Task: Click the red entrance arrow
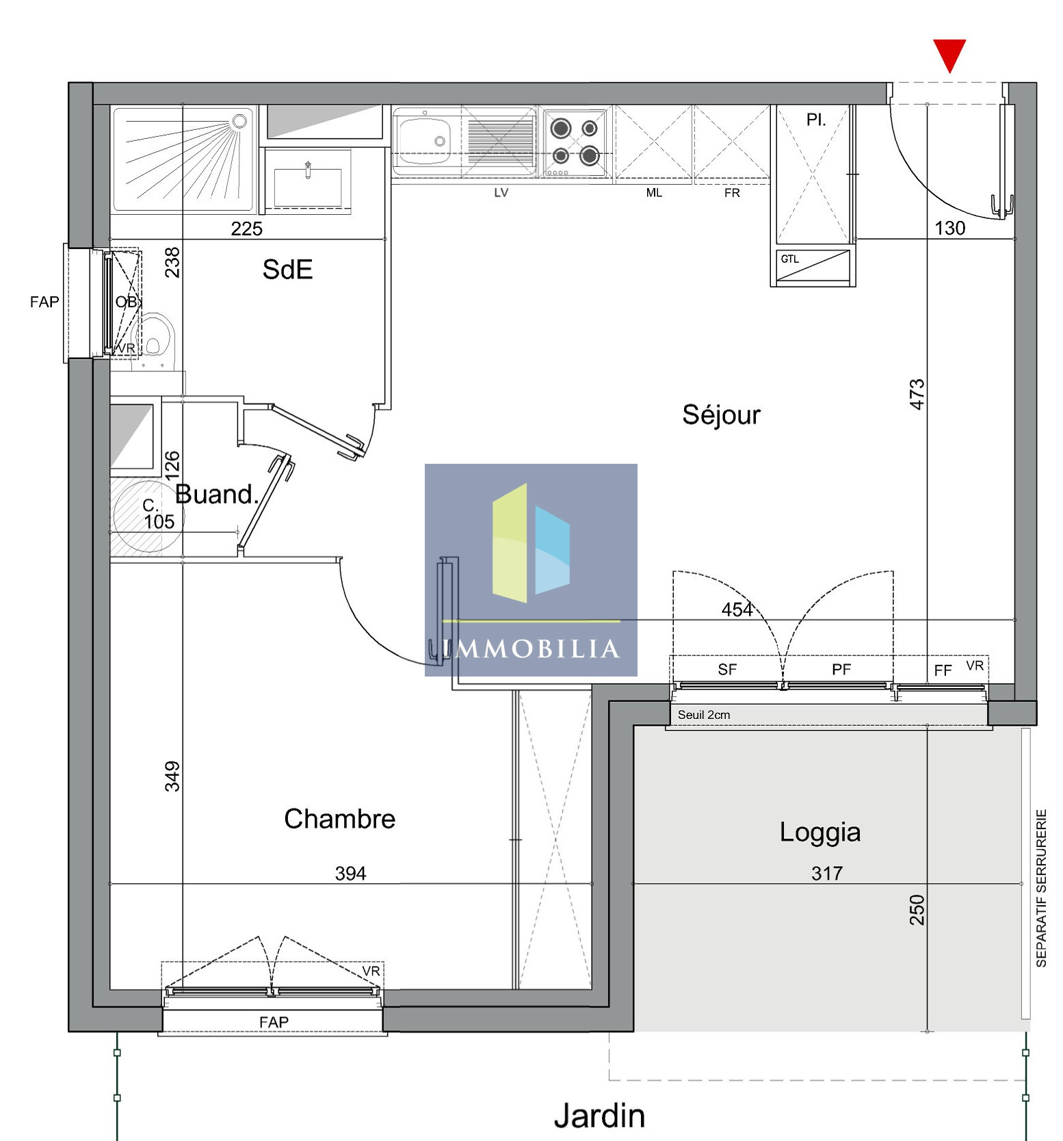click(949, 55)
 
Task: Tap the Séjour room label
click(721, 415)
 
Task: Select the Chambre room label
click(339, 818)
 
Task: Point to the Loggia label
click(819, 832)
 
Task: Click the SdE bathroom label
click(287, 270)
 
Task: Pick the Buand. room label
click(216, 494)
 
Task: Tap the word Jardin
click(599, 1116)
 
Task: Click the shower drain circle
click(239, 121)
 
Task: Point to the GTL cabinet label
click(789, 259)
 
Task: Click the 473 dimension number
click(917, 394)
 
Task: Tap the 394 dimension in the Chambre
click(350, 873)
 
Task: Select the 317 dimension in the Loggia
click(827, 873)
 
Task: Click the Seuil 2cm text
click(704, 715)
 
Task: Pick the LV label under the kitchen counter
click(501, 193)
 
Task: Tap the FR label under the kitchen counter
click(732, 193)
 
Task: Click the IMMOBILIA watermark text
click(531, 648)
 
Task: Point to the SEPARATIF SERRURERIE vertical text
click(1041, 888)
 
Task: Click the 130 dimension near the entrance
click(950, 228)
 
